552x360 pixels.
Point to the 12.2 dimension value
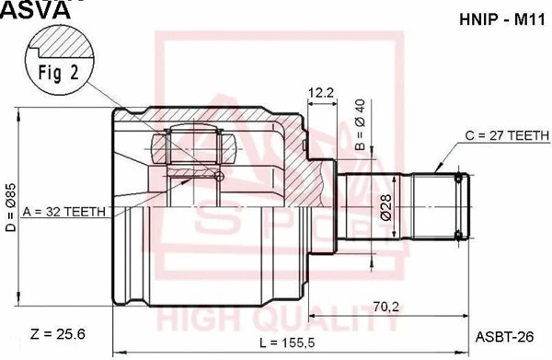pos(320,92)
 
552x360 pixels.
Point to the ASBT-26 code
pos(501,335)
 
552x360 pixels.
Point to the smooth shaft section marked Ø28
pos(373,210)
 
